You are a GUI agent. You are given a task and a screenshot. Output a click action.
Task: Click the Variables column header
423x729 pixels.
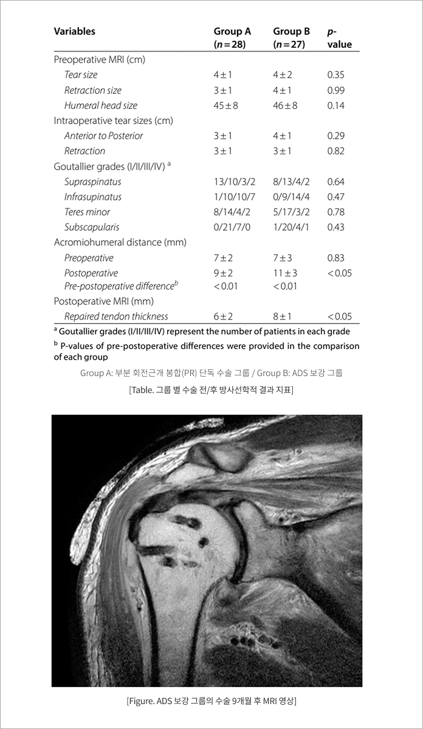74,31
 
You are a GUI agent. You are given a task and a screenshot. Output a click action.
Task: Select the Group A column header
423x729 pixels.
232,37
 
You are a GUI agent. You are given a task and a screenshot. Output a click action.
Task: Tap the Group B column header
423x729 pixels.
291,37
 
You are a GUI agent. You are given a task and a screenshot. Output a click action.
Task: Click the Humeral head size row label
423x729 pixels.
101,105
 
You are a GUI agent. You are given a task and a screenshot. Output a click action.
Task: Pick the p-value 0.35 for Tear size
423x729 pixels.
335,75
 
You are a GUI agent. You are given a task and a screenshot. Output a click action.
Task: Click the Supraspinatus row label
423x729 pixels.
92,182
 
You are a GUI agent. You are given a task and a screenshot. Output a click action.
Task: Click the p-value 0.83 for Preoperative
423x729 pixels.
335,258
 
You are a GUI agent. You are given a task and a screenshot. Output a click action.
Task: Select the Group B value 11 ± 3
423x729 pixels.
285,273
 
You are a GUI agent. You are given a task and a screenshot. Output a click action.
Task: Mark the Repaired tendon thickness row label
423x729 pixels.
116,316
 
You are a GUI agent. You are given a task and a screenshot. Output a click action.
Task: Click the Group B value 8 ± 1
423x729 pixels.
283,316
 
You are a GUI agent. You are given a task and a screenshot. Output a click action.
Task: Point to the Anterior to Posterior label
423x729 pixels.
103,135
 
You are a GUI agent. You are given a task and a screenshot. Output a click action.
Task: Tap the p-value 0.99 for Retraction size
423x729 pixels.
335,90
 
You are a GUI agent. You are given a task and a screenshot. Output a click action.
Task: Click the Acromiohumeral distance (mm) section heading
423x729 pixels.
120,242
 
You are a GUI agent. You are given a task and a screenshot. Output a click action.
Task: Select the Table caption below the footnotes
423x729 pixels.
211,389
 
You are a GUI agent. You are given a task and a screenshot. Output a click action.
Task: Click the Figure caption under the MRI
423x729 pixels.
211,701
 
